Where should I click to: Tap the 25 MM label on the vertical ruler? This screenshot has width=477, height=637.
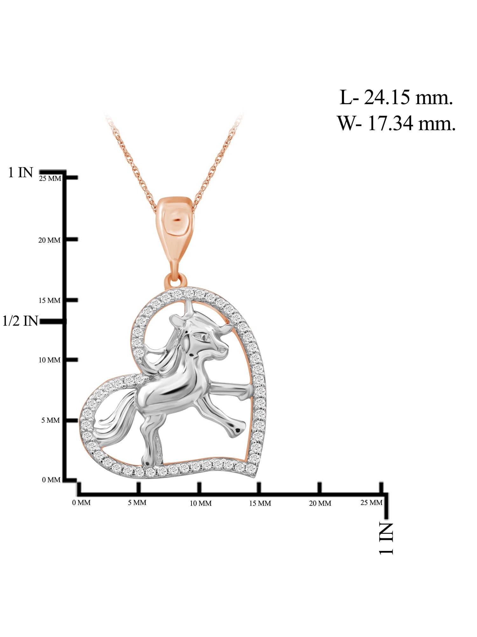(50, 179)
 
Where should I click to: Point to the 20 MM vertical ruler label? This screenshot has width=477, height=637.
(49, 240)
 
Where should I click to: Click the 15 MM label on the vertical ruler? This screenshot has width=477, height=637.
(49, 300)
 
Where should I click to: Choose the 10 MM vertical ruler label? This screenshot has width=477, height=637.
(49, 360)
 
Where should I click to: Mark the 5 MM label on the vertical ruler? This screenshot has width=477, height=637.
(51, 420)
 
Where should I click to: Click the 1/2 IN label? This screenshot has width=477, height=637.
(20, 321)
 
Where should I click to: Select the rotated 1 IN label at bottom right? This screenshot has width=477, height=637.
(386, 538)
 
